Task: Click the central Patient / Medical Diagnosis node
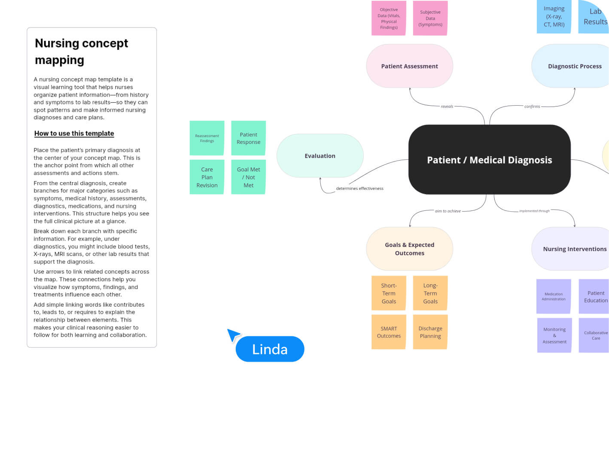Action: [489, 160]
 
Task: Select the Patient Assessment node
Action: [409, 66]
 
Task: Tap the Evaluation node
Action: [320, 156]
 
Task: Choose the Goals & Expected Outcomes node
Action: [409, 249]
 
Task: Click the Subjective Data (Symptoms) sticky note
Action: [430, 18]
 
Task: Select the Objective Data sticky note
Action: [389, 18]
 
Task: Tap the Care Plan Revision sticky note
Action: [207, 177]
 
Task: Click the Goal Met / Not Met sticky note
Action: [248, 177]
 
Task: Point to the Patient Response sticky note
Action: [248, 138]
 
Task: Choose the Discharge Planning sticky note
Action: [430, 332]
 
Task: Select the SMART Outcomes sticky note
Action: [389, 332]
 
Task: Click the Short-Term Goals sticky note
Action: [389, 293]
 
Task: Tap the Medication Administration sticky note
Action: [554, 296]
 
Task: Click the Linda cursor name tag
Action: [270, 349]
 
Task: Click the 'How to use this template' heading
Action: [74, 134]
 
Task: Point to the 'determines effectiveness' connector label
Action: [359, 189]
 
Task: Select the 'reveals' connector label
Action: [447, 107]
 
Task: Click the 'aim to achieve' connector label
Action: [448, 211]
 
